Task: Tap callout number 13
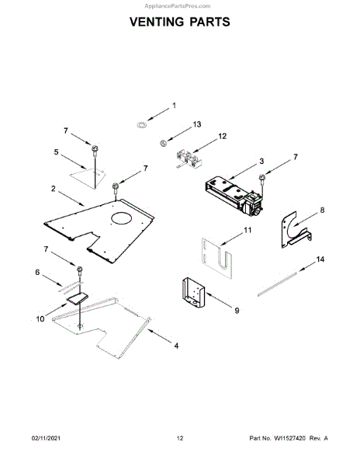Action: pyautogui.click(x=197, y=124)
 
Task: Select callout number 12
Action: pyautogui.click(x=223, y=136)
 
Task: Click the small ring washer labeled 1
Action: pyautogui.click(x=141, y=124)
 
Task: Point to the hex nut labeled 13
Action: pyautogui.click(x=163, y=143)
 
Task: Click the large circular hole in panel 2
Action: pyautogui.click(x=121, y=218)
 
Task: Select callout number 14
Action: pyautogui.click(x=320, y=259)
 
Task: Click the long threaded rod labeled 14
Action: pyautogui.click(x=277, y=283)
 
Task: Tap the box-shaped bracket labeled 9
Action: pyautogui.click(x=193, y=293)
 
